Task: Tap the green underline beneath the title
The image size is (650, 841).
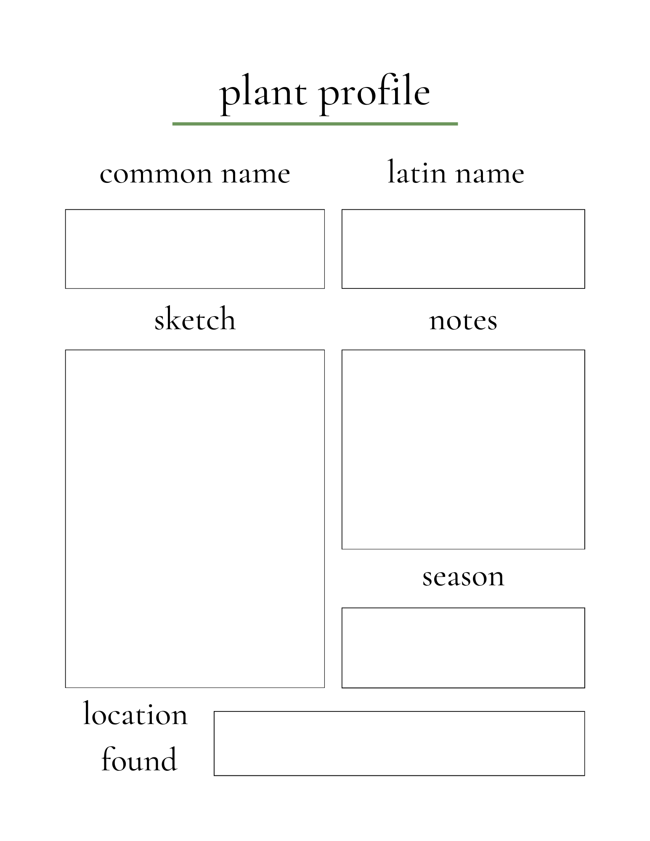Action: click(x=315, y=124)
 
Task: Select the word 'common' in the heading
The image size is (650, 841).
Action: click(x=156, y=174)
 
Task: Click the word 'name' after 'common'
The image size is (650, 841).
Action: click(x=256, y=174)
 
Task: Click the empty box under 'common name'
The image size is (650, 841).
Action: click(x=195, y=249)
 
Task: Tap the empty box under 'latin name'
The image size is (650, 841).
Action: click(x=463, y=249)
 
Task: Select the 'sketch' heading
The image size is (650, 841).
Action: click(x=195, y=319)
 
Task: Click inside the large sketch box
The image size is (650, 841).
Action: click(x=195, y=518)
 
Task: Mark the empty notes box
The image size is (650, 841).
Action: click(x=463, y=449)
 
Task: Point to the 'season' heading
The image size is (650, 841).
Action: click(x=463, y=577)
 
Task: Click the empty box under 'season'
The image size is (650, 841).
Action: click(x=463, y=648)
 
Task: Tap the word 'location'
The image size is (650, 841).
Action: click(x=135, y=714)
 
